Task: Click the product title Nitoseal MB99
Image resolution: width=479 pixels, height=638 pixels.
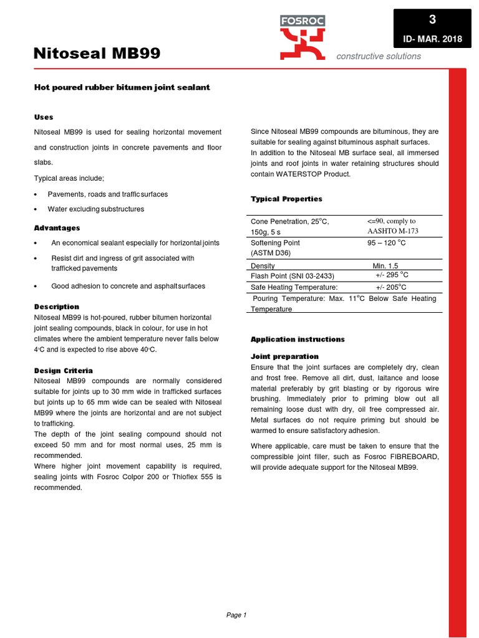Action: pos(97,54)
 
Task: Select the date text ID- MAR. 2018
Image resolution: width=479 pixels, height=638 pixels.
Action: pos(433,39)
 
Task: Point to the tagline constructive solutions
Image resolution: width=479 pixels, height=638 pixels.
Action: pos(379,56)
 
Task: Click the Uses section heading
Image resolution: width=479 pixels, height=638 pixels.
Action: pos(44,117)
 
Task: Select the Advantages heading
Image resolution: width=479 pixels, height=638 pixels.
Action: pos(57,227)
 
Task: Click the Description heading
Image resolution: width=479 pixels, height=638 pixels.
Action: pos(57,307)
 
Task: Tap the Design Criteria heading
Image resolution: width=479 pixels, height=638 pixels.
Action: pos(63,370)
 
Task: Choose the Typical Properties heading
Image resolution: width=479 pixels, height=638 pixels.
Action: pos(286,199)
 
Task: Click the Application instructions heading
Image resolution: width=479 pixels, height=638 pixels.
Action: pos(298,339)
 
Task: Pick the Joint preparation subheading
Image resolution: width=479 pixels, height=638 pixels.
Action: pos(284,356)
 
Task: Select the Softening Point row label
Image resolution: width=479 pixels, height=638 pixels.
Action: pos(275,242)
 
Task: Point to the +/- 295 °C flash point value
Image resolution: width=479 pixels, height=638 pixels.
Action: pos(392,275)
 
